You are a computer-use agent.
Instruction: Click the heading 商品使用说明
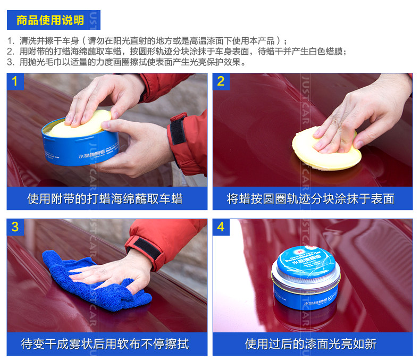tap(50, 21)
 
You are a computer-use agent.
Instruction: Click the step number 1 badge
tap(15, 81)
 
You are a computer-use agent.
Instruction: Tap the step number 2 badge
tap(221, 81)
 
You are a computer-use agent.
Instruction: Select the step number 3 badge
tap(15, 227)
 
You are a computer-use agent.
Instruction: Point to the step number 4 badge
tap(221, 227)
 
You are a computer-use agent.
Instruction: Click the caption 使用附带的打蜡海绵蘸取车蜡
tap(105, 199)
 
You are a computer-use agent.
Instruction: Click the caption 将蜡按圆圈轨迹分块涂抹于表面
tap(311, 199)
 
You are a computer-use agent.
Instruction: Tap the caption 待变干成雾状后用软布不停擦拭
tap(105, 344)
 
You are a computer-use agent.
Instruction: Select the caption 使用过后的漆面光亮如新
tap(311, 344)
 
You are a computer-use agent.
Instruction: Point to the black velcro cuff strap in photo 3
tap(145, 248)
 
